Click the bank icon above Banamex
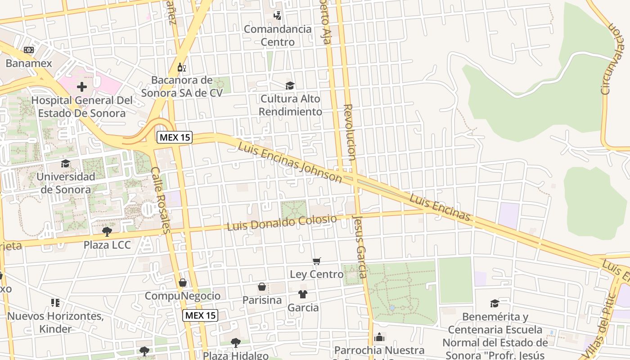click(x=29, y=49)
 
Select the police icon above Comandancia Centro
click(x=277, y=15)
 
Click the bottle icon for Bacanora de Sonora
click(x=181, y=67)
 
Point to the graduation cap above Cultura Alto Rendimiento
click(x=290, y=85)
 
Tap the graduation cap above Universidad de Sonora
click(x=66, y=163)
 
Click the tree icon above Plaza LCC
click(x=107, y=232)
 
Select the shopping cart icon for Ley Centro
click(x=317, y=261)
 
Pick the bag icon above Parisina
click(x=262, y=287)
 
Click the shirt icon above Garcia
click(x=303, y=294)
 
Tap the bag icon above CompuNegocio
click(x=183, y=283)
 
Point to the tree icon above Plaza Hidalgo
click(x=235, y=343)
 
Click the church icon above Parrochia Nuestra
click(x=379, y=337)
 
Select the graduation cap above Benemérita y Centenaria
click(x=495, y=303)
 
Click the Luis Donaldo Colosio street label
click(x=282, y=223)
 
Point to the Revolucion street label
click(x=350, y=132)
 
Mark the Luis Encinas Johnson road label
click(x=290, y=162)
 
